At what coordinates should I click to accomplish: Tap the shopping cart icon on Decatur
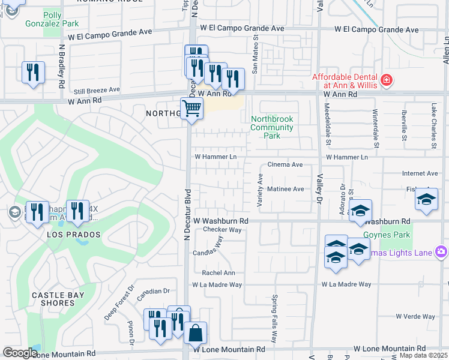tap(191, 109)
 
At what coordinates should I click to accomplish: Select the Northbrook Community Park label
tap(272, 127)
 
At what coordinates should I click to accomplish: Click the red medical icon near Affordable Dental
tap(387, 79)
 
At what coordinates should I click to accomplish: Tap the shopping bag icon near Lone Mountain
tap(195, 333)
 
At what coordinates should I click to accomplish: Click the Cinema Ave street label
tap(285, 164)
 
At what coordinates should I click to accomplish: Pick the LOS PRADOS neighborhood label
tap(74, 235)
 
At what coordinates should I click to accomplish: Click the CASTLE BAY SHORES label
tap(53, 299)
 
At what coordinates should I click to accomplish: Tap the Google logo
tap(20, 353)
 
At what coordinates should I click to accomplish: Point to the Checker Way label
tap(222, 230)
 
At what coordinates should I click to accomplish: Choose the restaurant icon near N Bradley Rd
tap(33, 73)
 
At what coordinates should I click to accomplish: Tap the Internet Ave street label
tap(420, 173)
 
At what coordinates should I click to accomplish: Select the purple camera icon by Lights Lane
tap(442, 252)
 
